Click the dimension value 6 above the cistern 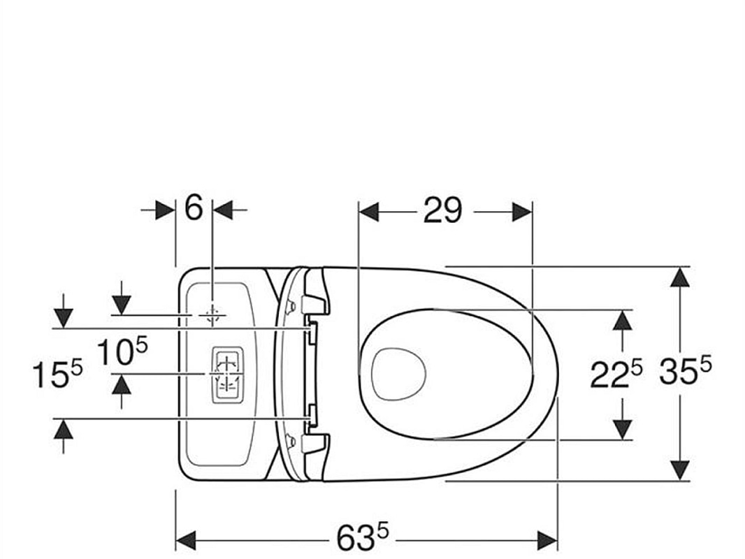point(194,208)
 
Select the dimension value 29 point(442,210)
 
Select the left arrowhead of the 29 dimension point(368,211)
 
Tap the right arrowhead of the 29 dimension point(522,211)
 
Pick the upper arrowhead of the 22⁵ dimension point(622,320)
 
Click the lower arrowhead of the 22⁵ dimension point(622,429)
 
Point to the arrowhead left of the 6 point(166,209)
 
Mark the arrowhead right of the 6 point(222,209)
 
